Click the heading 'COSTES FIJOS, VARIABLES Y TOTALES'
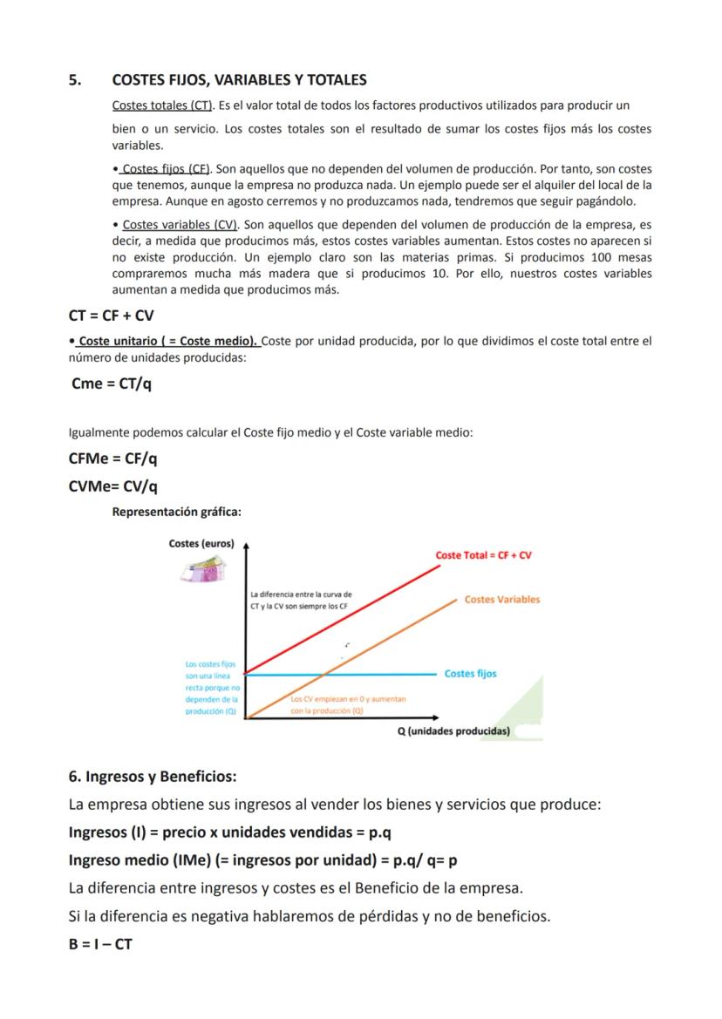click(x=239, y=80)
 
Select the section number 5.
click(x=75, y=80)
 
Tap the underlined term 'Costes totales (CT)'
click(x=163, y=105)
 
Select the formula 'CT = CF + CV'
click(x=111, y=316)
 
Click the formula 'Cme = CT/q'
click(x=112, y=384)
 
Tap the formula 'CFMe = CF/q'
click(x=112, y=459)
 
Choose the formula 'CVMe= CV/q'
click(x=112, y=486)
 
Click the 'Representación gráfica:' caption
click(x=176, y=512)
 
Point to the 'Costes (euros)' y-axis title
click(x=201, y=544)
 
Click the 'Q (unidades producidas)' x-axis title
click(x=453, y=731)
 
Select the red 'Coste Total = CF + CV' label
click(x=483, y=555)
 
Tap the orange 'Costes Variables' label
click(x=501, y=599)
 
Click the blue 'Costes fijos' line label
click(x=470, y=674)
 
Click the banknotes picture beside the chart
click(x=203, y=570)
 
